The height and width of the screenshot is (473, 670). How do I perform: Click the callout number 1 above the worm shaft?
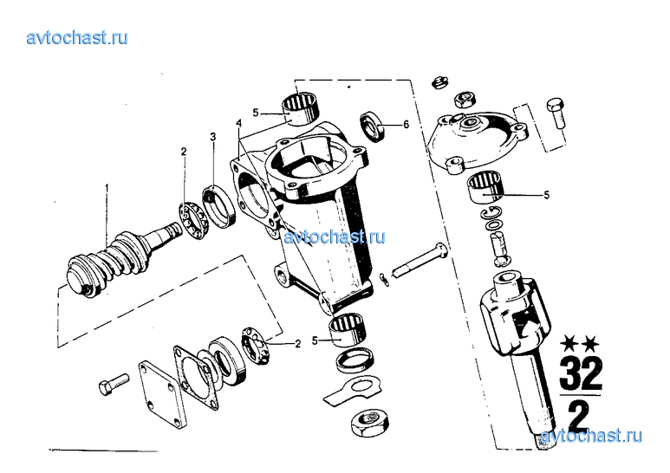pyautogui.click(x=107, y=187)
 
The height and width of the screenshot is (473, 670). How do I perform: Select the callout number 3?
pyautogui.click(x=213, y=137)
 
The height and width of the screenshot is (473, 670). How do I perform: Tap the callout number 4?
pyautogui.click(x=239, y=123)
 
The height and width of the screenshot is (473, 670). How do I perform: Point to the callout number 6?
pyautogui.click(x=406, y=124)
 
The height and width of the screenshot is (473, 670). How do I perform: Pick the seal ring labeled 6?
pyautogui.click(x=373, y=126)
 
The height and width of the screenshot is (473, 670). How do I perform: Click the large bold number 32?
pyautogui.click(x=581, y=373)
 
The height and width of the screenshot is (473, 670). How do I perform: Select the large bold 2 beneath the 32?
pyautogui.click(x=579, y=417)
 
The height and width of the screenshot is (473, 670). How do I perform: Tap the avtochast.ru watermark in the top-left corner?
pyautogui.click(x=77, y=38)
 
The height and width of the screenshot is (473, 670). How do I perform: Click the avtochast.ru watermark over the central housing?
pyautogui.click(x=335, y=236)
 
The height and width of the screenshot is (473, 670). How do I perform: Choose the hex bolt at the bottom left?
pyautogui.click(x=114, y=384)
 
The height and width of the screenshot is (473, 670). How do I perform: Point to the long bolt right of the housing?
pyautogui.click(x=419, y=260)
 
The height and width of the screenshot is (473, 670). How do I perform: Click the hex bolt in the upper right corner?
pyautogui.click(x=556, y=113)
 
